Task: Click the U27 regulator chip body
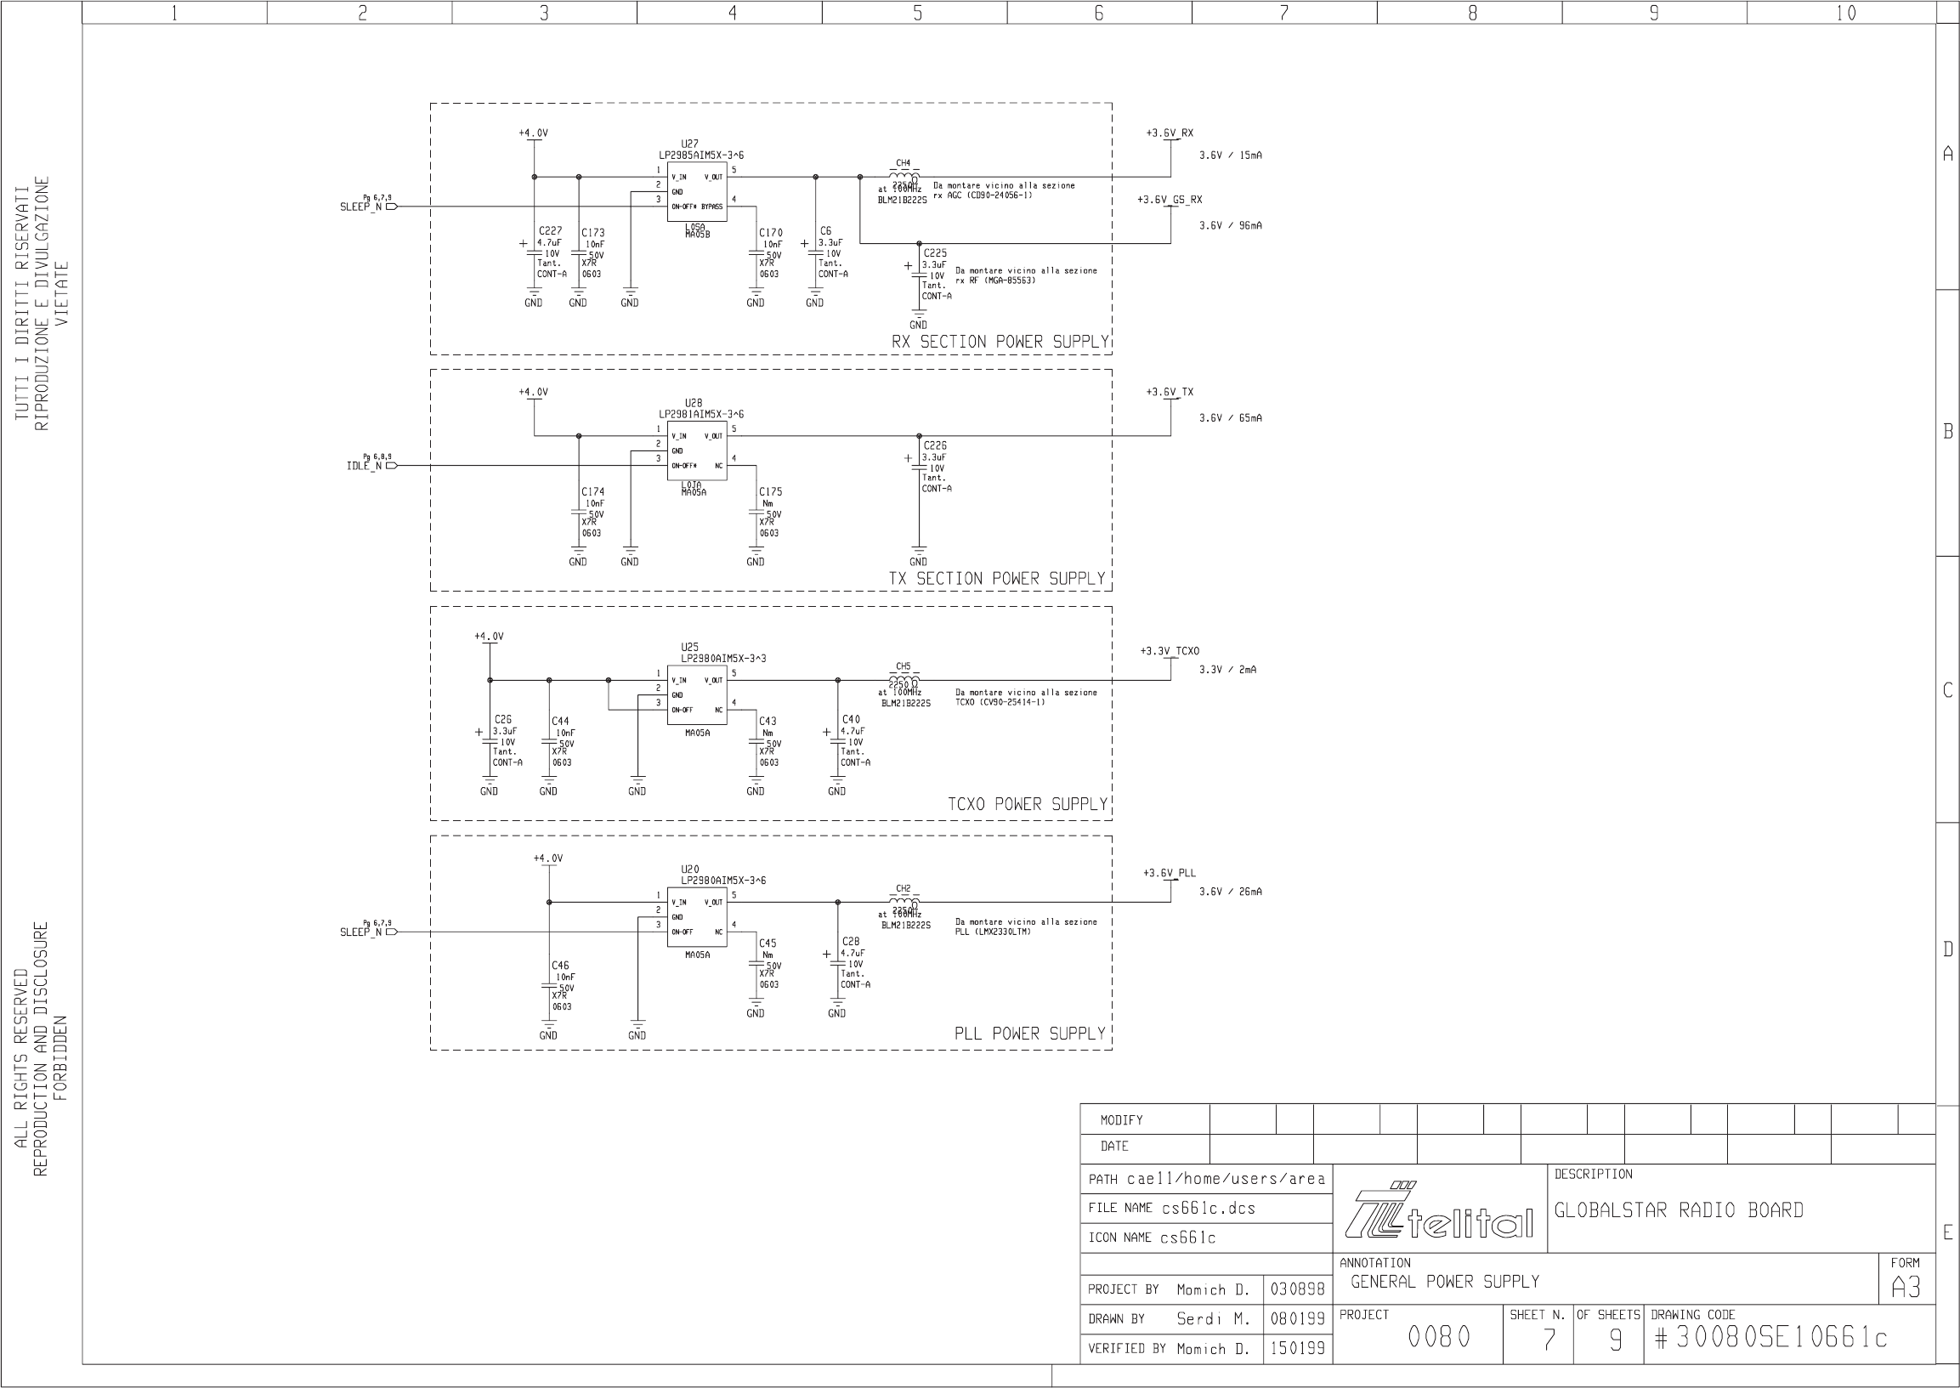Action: (x=697, y=191)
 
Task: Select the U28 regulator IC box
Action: (x=697, y=450)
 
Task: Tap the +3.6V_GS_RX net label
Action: (x=1169, y=200)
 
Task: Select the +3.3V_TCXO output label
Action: (x=1169, y=651)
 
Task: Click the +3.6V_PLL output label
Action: (x=1169, y=874)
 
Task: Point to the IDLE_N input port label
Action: (x=364, y=466)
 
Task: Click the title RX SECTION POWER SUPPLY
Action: (x=1000, y=342)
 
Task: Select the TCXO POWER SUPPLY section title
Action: (x=1027, y=804)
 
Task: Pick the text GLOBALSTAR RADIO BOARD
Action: (x=1678, y=1210)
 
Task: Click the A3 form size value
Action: (x=1906, y=1288)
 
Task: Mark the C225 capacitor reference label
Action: (x=935, y=253)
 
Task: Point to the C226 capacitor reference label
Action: (x=935, y=445)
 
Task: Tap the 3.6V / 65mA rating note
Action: (x=1230, y=418)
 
